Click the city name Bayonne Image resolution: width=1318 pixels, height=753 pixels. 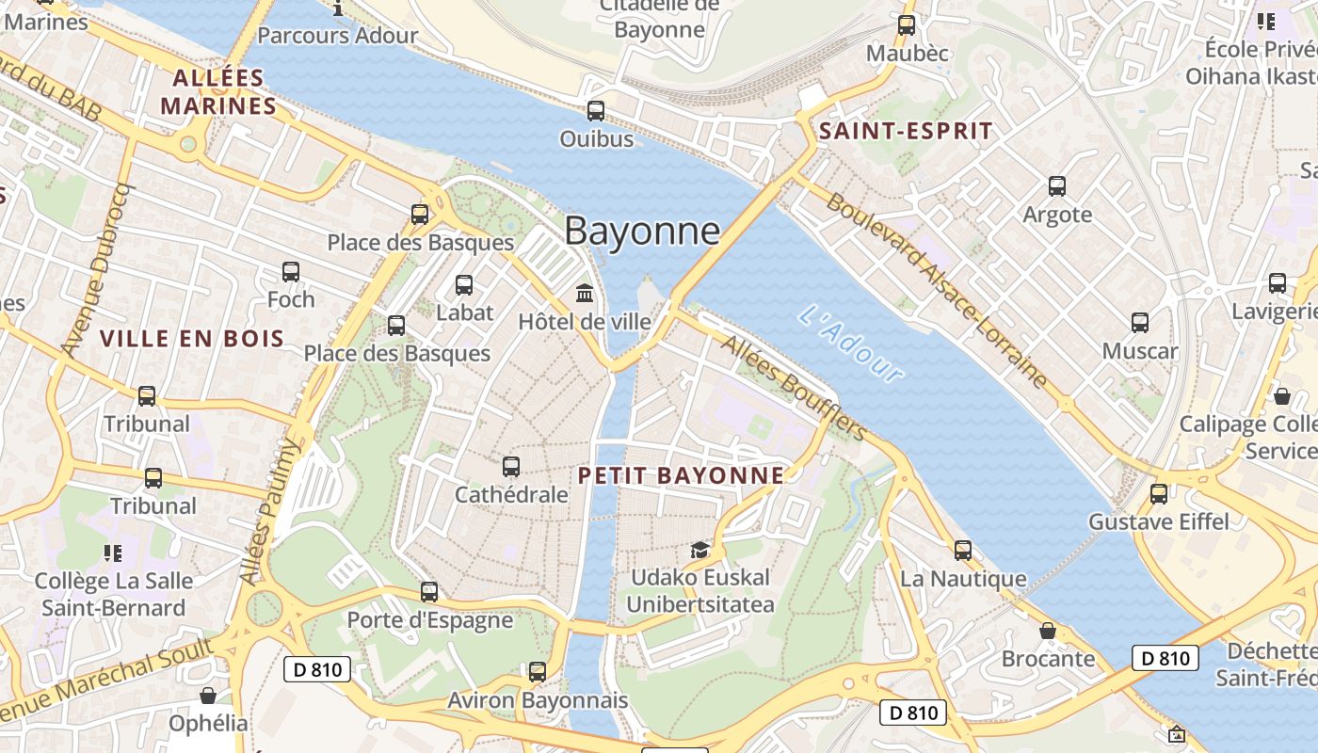tap(643, 231)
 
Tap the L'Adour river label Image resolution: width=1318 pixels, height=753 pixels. tap(852, 344)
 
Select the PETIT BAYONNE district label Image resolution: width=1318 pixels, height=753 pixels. tap(681, 475)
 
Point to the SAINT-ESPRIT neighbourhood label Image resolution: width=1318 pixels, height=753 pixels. tap(906, 131)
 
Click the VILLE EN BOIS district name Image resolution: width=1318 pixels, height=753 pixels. tap(192, 338)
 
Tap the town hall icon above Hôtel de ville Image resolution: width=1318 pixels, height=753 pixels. tap(585, 294)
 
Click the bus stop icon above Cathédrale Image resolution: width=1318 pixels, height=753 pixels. tap(511, 466)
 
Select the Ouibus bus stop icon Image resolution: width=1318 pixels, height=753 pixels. tap(596, 111)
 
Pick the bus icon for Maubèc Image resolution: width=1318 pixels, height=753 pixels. tap(907, 25)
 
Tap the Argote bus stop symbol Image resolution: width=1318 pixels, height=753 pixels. tap(1057, 186)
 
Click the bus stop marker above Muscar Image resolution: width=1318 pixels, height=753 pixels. tap(1140, 323)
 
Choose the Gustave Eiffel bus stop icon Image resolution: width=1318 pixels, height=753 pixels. tap(1159, 493)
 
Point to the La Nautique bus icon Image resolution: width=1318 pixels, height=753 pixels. tap(963, 551)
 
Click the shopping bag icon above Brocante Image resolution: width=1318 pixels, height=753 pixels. tap(1048, 631)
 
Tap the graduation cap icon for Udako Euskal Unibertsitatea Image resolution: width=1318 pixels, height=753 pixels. tap(699, 550)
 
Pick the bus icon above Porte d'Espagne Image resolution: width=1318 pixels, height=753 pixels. tap(429, 592)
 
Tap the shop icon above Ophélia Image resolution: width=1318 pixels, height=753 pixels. tap(208, 696)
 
